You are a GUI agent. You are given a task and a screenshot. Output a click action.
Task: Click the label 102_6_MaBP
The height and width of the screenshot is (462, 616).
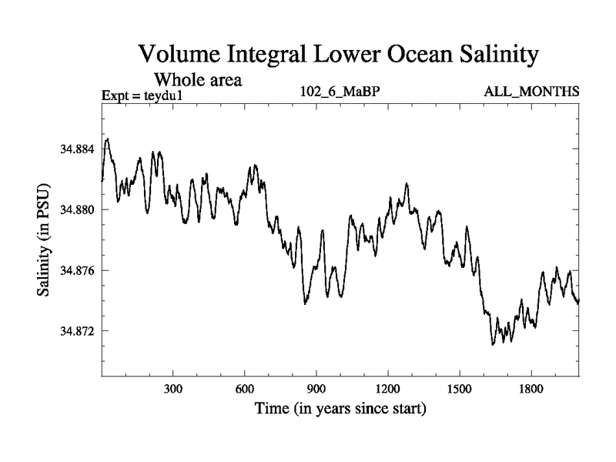[x=340, y=93]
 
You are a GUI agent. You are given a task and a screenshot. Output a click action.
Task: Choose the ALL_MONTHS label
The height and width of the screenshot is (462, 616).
[x=531, y=93]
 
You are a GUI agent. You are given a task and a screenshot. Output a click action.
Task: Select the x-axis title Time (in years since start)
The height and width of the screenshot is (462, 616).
[x=340, y=408]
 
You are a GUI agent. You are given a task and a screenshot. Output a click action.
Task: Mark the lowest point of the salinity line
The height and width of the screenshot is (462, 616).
[x=493, y=344]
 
